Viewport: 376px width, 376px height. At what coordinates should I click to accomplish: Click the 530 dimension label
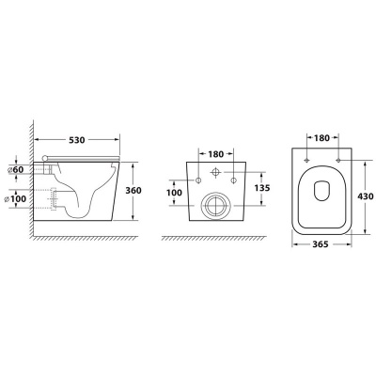76,140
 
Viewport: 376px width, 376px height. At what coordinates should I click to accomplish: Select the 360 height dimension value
133,190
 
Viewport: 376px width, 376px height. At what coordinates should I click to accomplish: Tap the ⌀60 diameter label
16,169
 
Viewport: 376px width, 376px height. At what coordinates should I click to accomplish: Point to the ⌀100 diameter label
16,198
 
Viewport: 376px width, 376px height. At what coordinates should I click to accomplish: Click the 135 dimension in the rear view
261,188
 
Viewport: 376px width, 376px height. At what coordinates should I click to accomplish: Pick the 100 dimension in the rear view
174,192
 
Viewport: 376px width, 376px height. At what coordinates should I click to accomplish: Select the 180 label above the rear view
216,154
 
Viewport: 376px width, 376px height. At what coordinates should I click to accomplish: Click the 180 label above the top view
321,137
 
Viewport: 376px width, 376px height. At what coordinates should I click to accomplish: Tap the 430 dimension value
366,196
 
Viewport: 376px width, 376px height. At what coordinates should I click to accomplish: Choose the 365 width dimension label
320,244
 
